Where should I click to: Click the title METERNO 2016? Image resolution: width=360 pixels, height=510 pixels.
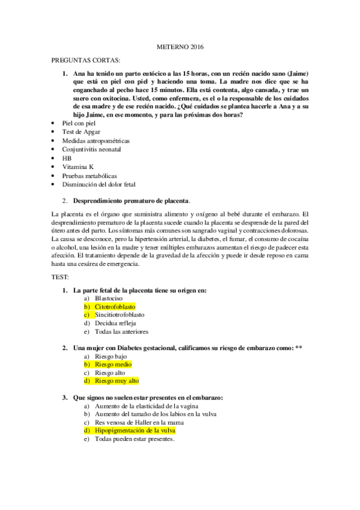click(x=180, y=47)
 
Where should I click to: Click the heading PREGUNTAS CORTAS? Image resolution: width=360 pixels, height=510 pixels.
click(x=86, y=61)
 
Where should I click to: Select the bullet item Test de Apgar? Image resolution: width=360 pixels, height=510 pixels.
click(x=81, y=131)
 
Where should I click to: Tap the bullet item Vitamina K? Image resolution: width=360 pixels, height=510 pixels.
click(x=78, y=166)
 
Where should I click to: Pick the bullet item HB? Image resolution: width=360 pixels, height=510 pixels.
click(x=67, y=158)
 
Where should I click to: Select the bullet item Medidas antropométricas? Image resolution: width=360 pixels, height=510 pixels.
click(x=96, y=140)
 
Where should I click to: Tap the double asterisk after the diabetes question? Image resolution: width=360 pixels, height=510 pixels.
click(x=299, y=348)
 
